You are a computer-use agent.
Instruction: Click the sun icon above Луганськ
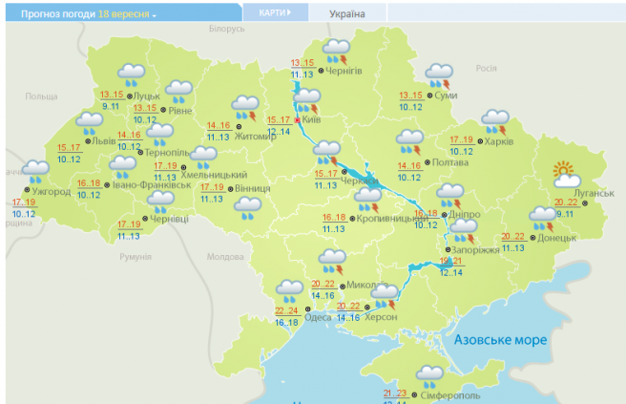tap(566, 175)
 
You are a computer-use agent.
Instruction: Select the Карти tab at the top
tap(274, 12)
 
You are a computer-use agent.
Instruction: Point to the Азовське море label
tap(501, 340)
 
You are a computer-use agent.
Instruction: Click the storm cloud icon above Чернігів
tap(336, 50)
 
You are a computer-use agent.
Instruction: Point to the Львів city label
tap(104, 140)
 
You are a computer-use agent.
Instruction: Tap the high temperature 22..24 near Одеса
tap(285, 310)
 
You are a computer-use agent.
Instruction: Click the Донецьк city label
tap(556, 235)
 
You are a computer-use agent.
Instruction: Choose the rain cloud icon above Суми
tap(439, 74)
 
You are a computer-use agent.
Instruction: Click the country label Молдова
tap(226, 257)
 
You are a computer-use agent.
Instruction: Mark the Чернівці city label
tap(170, 220)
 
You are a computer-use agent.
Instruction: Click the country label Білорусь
tap(226, 30)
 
